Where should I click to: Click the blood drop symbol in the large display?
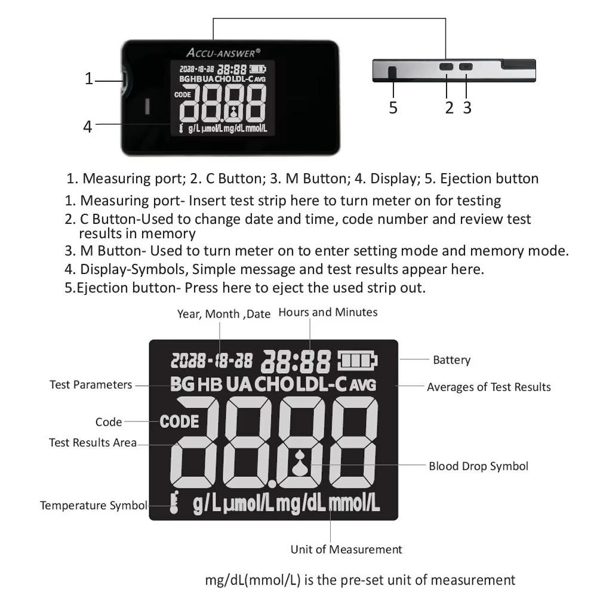pos(300,464)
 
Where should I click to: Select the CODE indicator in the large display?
pos(179,421)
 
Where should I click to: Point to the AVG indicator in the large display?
pos(363,385)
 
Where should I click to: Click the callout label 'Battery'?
pos(451,360)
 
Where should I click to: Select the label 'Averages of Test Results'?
pos(488,387)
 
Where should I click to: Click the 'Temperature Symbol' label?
pos(93,506)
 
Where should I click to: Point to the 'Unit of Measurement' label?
pos(346,549)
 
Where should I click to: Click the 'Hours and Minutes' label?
pos(328,312)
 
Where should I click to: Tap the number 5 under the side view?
pos(393,107)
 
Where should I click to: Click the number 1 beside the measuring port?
pos(89,78)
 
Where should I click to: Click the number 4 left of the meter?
pos(88,127)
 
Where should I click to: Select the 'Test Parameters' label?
pos(91,384)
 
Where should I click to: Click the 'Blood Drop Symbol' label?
pos(478,466)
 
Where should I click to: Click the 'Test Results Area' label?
pos(93,442)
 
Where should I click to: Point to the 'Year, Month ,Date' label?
pos(224,314)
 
